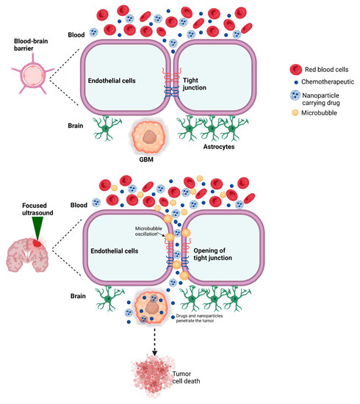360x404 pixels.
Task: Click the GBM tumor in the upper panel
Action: tap(151, 139)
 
